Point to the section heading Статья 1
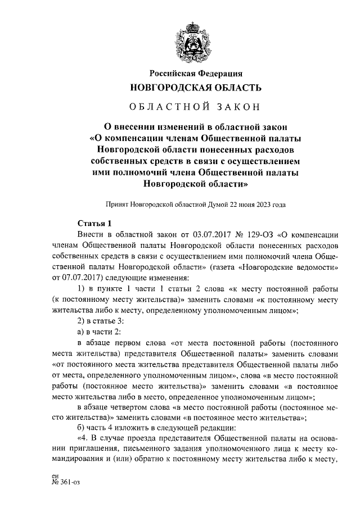tap(94, 223)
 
